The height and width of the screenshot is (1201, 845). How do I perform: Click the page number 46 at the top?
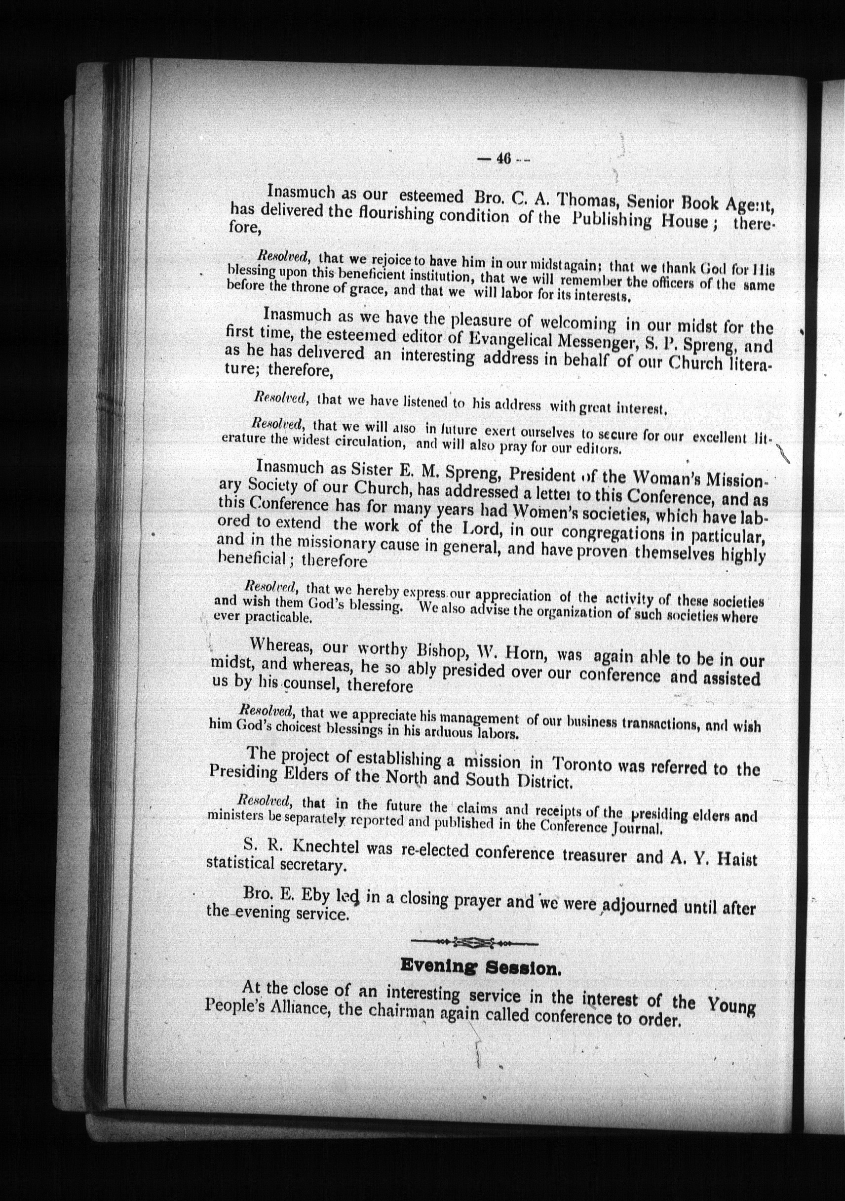pyautogui.click(x=503, y=159)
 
